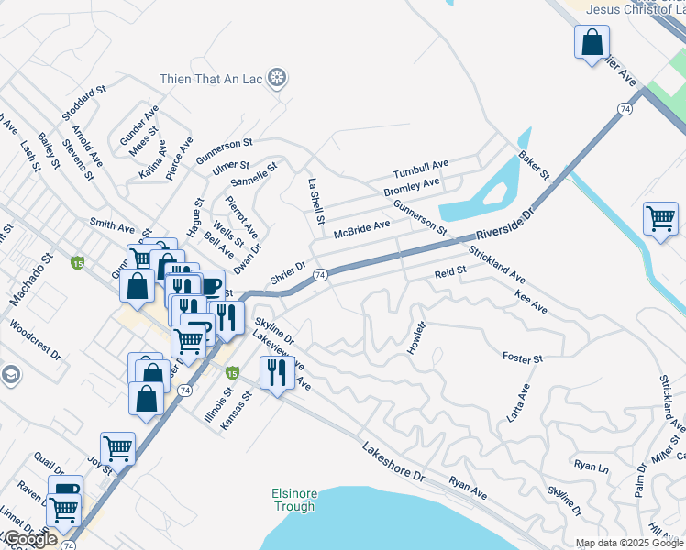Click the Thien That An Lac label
tap(211, 80)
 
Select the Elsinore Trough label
tap(293, 500)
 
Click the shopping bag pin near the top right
tap(592, 41)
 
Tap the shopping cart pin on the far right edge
tap(659, 219)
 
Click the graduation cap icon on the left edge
tap(10, 374)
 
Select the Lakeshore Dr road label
tap(394, 465)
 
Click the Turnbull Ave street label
tap(420, 170)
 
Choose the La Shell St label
tap(315, 202)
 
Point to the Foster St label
tap(523, 357)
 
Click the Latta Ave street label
tap(519, 402)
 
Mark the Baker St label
tap(533, 166)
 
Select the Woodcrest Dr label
tap(34, 339)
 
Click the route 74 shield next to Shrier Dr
tap(320, 274)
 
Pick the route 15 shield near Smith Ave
tap(77, 263)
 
